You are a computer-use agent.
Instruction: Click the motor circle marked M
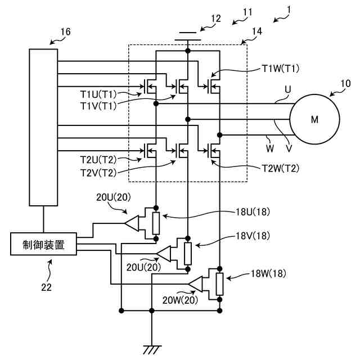pyautogui.click(x=314, y=119)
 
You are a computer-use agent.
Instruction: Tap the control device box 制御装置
pyautogui.click(x=43, y=245)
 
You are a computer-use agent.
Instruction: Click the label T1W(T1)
pyautogui.click(x=281, y=69)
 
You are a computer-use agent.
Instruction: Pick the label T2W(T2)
pyautogui.click(x=281, y=168)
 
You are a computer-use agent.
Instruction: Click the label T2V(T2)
pyautogui.click(x=98, y=173)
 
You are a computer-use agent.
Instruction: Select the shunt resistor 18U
pyautogui.click(x=156, y=223)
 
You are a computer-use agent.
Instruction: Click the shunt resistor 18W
pyautogui.click(x=219, y=284)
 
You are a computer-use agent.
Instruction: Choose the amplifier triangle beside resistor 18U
pyautogui.click(x=132, y=223)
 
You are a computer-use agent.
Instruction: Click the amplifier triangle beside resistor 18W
pyautogui.click(x=196, y=284)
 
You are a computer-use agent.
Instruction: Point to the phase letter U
pyautogui.click(x=289, y=89)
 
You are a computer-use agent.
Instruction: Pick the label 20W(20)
pyautogui.click(x=180, y=301)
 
